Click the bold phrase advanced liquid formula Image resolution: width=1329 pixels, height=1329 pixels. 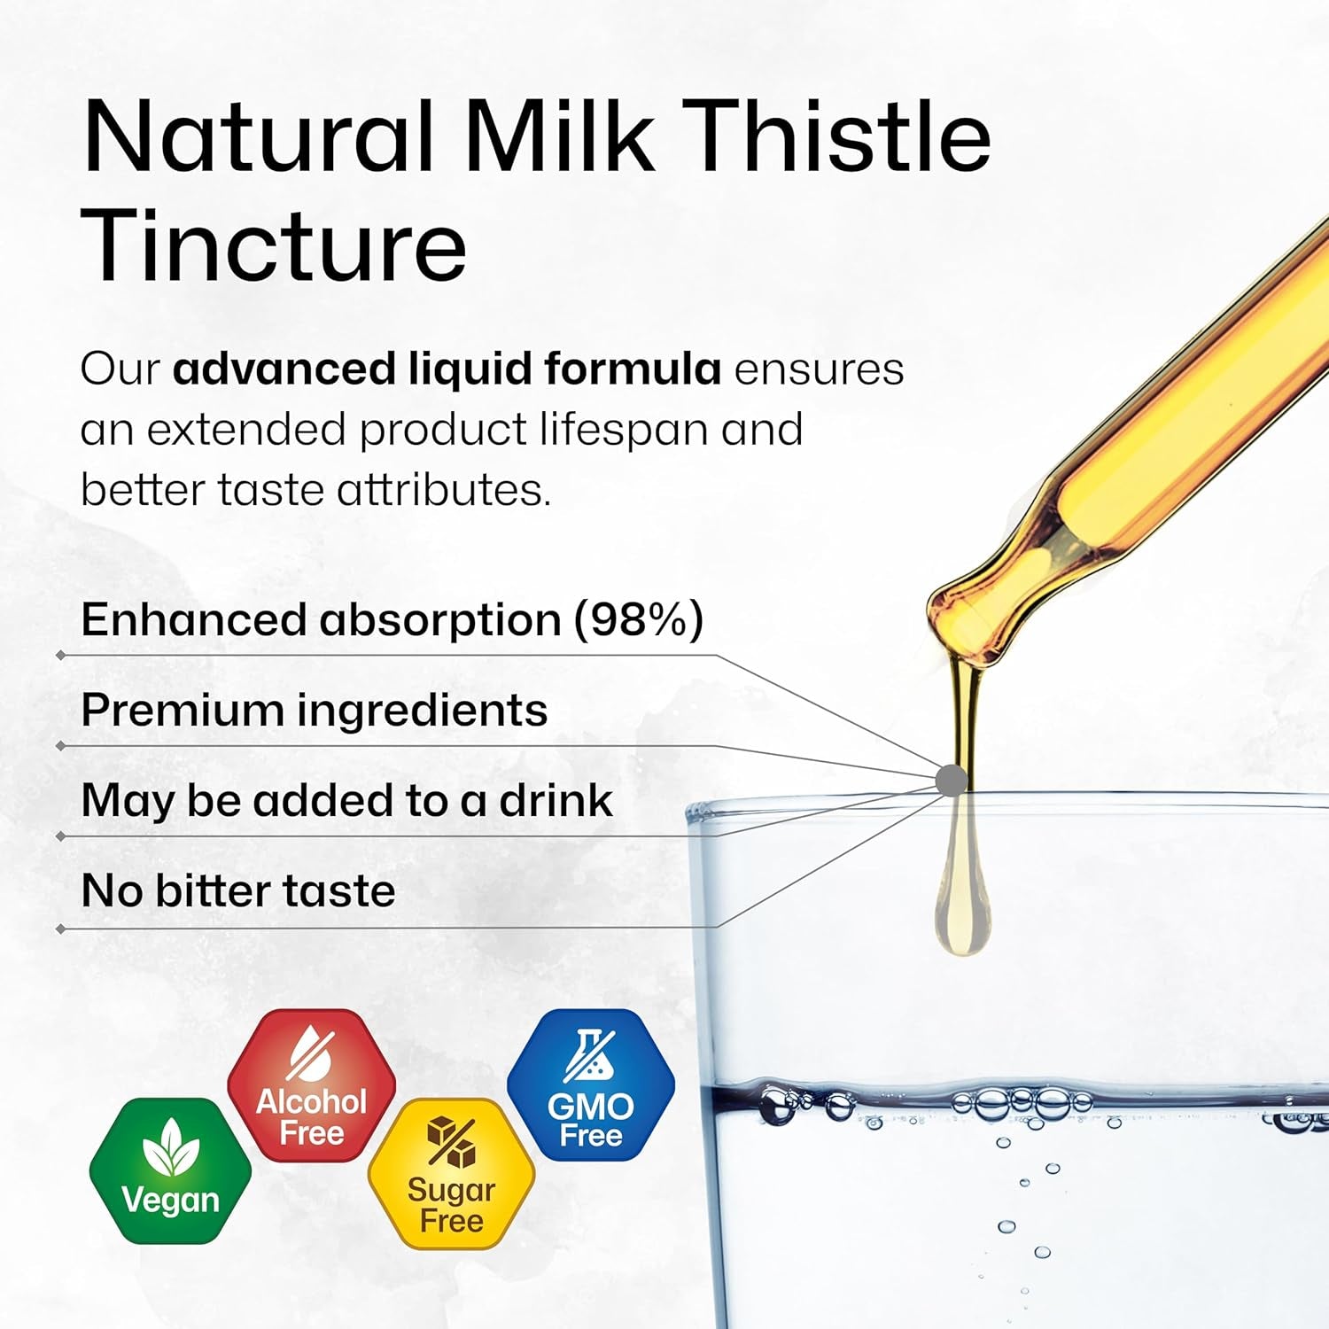[447, 369]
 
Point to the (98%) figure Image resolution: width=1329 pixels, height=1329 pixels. [638, 619]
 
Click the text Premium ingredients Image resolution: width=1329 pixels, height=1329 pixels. [314, 710]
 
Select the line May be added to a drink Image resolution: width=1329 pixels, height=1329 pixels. [346, 800]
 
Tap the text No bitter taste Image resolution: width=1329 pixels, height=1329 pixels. [237, 890]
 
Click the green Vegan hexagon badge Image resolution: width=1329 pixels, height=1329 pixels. [170, 1170]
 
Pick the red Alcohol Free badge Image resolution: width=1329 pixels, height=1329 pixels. [311, 1085]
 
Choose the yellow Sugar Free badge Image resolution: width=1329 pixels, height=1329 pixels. [451, 1173]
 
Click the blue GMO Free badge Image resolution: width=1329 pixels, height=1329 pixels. [591, 1085]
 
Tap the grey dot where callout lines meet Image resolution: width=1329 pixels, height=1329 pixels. [951, 780]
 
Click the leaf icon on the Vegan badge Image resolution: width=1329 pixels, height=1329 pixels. [170, 1148]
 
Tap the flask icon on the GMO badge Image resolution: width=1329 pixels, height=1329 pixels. [589, 1055]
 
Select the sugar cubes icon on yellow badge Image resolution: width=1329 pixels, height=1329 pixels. [451, 1143]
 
